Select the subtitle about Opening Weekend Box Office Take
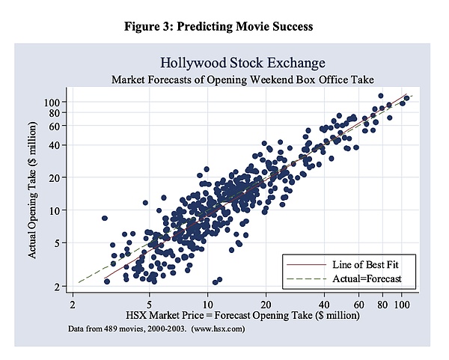(x=242, y=78)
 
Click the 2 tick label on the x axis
(x=73, y=305)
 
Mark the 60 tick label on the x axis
(x=358, y=305)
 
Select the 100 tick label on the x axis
(x=403, y=305)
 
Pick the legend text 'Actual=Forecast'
(x=367, y=278)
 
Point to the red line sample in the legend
(x=305, y=264)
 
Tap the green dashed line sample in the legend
(x=305, y=278)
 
